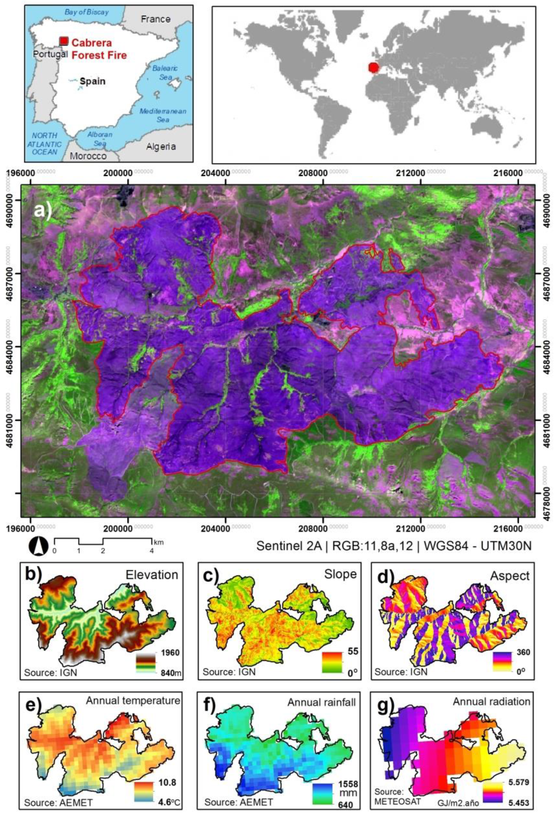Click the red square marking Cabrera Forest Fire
coord(63,41)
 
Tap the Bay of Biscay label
coord(87,12)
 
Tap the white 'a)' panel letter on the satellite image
coord(43,211)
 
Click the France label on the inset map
coord(156,19)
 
